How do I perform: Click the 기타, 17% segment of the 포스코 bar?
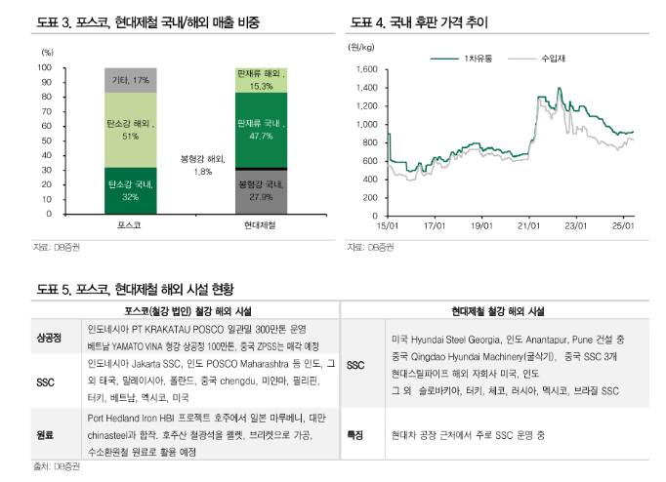click(x=131, y=80)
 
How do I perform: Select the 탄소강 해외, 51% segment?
click(x=131, y=130)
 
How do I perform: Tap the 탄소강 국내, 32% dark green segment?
click(x=131, y=190)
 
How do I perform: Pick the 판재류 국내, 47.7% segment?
click(x=261, y=130)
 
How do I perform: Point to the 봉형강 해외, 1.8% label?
click(x=203, y=165)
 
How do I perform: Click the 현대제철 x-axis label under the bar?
click(x=261, y=226)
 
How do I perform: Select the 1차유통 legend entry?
click(x=466, y=58)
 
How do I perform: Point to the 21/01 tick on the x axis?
click(x=528, y=226)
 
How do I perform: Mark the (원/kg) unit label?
click(x=361, y=46)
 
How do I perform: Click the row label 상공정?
click(x=49, y=338)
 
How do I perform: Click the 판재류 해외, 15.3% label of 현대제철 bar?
click(x=261, y=80)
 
